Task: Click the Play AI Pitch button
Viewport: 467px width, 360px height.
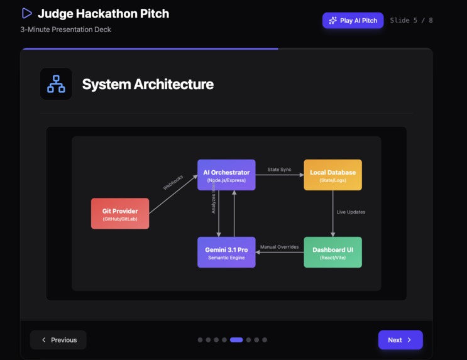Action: pos(353,21)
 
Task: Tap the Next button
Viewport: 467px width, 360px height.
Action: pos(400,340)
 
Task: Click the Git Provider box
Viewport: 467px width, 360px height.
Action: pos(120,214)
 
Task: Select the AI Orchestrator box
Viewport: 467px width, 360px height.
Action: pos(226,175)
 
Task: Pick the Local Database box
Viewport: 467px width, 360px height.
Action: pos(332,175)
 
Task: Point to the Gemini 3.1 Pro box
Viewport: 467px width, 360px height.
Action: pos(226,252)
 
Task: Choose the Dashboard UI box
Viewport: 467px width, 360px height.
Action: pos(332,252)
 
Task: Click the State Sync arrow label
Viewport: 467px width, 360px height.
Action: pos(279,170)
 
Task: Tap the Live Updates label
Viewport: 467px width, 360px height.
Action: pos(351,212)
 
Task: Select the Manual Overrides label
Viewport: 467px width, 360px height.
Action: pos(279,247)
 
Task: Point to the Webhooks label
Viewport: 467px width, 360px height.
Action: pos(173,182)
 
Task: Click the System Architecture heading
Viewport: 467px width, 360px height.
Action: pos(148,84)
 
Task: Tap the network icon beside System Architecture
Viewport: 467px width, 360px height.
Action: pos(56,84)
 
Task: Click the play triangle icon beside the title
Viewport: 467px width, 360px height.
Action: pos(26,13)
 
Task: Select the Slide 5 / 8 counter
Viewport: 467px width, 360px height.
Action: pos(411,21)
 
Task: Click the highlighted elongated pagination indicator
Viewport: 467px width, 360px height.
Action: pos(236,340)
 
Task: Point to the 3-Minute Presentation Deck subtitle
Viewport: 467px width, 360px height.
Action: pos(65,30)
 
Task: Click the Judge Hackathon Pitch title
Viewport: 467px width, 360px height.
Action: pos(103,13)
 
